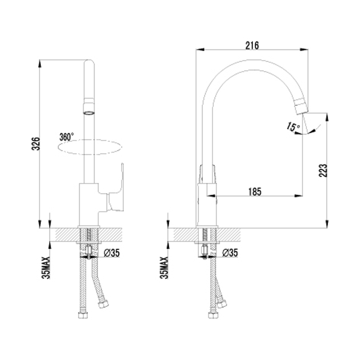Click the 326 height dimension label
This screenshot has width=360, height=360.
pyautogui.click(x=36, y=144)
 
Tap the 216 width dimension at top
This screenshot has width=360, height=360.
pyautogui.click(x=252, y=45)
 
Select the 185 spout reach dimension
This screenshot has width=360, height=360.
pyautogui.click(x=255, y=192)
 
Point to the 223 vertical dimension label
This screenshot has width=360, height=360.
pyautogui.click(x=323, y=171)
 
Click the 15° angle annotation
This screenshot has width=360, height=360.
pyautogui.click(x=293, y=126)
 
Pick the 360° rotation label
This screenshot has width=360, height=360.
pyautogui.click(x=67, y=137)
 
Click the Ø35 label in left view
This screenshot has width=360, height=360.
pyautogui.click(x=112, y=253)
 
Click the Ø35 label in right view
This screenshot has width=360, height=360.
pyautogui.click(x=230, y=253)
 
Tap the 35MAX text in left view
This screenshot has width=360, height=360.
pyautogui.click(x=46, y=268)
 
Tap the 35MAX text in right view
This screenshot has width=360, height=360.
pyautogui.click(x=164, y=268)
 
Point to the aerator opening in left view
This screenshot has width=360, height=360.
pyautogui.click(x=89, y=113)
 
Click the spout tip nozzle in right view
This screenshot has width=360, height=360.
pyautogui.click(x=301, y=106)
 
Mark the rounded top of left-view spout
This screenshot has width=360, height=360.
pyautogui.click(x=89, y=63)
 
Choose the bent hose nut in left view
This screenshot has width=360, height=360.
pyautogui.click(x=103, y=304)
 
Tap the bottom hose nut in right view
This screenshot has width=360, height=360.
pyautogui.click(x=213, y=315)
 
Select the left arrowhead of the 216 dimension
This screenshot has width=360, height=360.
pyautogui.click(x=200, y=49)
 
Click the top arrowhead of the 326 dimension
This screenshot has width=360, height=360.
pyautogui.click(x=40, y=63)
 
